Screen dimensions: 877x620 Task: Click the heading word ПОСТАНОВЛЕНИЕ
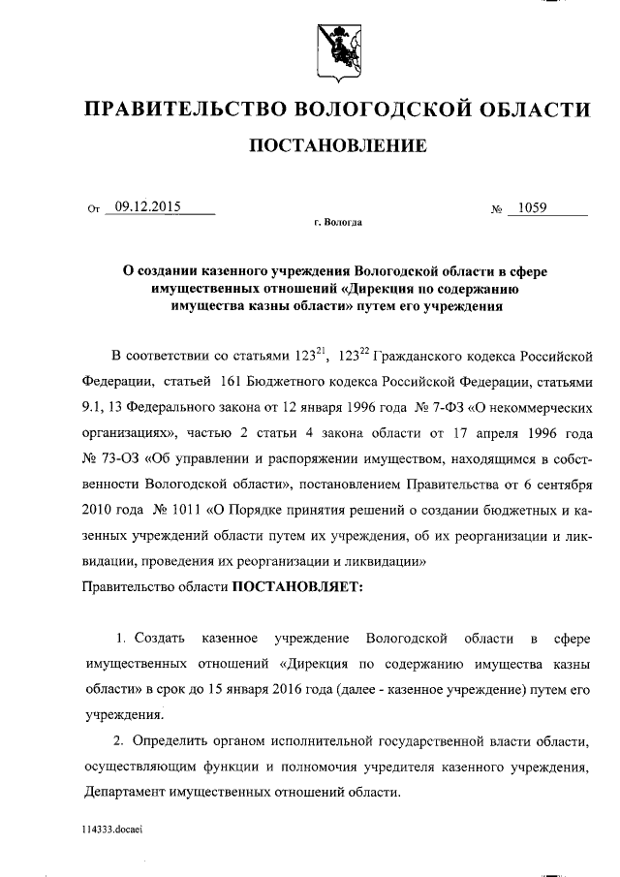338,147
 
